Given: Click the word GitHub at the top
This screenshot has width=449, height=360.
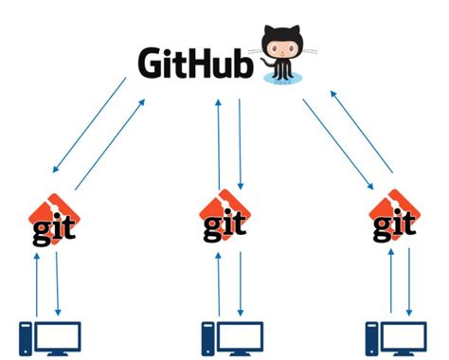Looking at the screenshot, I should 195,63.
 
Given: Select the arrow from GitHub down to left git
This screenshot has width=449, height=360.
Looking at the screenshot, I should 89,126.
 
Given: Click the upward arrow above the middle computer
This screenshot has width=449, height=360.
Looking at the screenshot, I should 219,282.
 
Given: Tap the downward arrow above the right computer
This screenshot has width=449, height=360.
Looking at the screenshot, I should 409,282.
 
